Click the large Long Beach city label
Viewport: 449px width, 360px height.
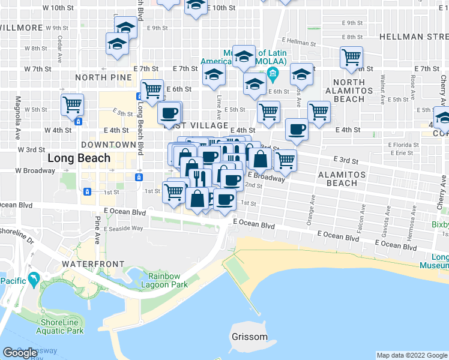click(79, 158)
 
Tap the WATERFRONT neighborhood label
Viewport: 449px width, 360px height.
click(92, 264)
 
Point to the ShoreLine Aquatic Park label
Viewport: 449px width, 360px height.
click(59, 325)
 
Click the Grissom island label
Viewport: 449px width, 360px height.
click(249, 336)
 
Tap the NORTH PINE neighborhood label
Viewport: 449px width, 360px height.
click(98, 77)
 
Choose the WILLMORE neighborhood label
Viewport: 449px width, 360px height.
click(22, 28)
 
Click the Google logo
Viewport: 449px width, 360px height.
click(20, 353)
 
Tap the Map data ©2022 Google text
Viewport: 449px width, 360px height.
click(411, 355)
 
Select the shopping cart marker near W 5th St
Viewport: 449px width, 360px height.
click(72, 104)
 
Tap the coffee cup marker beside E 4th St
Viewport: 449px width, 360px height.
click(296, 129)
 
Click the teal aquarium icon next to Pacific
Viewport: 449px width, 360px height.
click(34, 279)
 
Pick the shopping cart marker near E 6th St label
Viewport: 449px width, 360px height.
click(152, 90)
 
